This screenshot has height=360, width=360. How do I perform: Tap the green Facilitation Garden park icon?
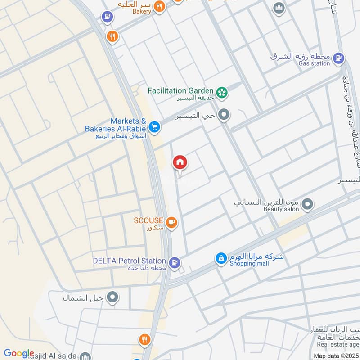[222, 93]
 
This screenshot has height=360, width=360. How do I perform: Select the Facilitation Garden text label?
[180, 90]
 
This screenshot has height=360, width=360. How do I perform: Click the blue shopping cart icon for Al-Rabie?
[154, 127]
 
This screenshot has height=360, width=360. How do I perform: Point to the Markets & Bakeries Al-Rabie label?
[116, 125]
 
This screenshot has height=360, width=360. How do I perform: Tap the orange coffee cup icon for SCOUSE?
[171, 222]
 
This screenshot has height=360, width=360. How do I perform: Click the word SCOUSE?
[148, 220]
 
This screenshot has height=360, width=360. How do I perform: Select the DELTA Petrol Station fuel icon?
[175, 261]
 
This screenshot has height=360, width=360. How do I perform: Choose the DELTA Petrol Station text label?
[129, 261]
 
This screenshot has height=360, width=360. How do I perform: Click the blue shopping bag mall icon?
[221, 258]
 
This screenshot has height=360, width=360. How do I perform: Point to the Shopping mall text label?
[249, 263]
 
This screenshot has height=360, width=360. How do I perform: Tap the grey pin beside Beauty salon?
[307, 205]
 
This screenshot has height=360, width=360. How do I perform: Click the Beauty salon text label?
[281, 209]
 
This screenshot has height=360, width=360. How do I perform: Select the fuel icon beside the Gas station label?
[340, 58]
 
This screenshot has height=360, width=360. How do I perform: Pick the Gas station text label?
[314, 63]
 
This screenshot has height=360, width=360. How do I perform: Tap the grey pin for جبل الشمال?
[113, 297]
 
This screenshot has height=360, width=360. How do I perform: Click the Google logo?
[19, 353]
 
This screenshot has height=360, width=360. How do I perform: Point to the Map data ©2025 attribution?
[336, 355]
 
